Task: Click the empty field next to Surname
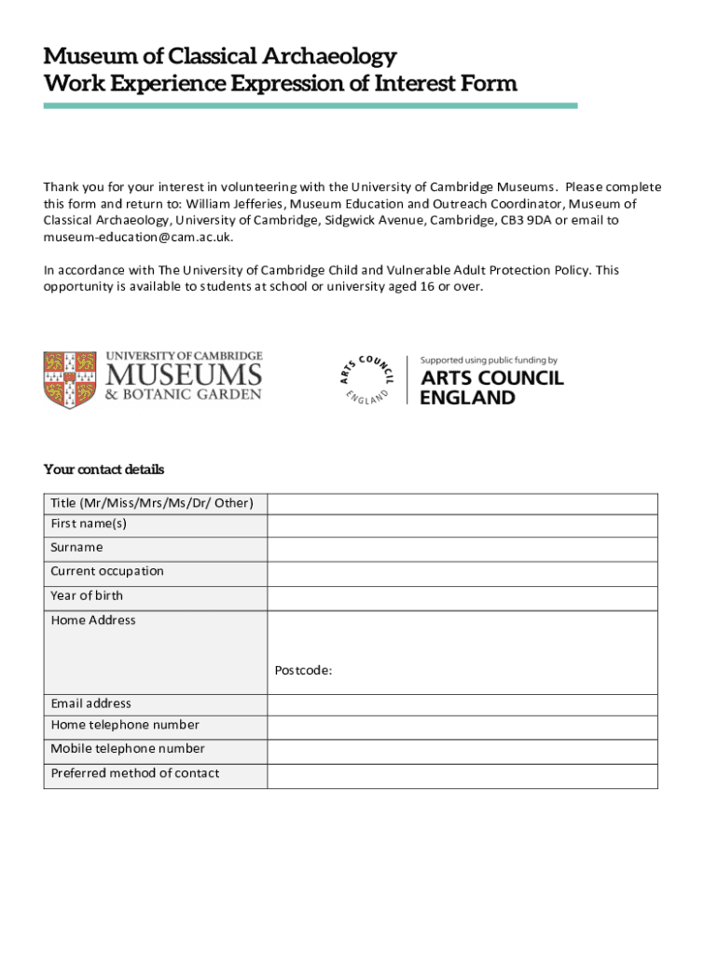(x=462, y=548)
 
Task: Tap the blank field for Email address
(x=462, y=703)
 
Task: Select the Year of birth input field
(x=462, y=596)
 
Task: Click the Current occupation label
(x=107, y=571)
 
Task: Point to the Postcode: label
(x=304, y=670)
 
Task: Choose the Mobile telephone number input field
(x=462, y=751)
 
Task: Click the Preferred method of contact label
(x=135, y=773)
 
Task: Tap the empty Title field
(x=462, y=504)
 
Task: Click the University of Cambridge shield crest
(x=70, y=379)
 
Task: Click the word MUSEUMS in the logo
(x=183, y=375)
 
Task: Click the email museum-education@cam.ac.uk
(x=138, y=238)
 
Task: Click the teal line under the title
(x=311, y=105)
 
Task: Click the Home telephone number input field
(x=462, y=727)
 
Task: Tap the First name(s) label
(x=89, y=524)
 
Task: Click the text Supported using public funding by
(x=489, y=360)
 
